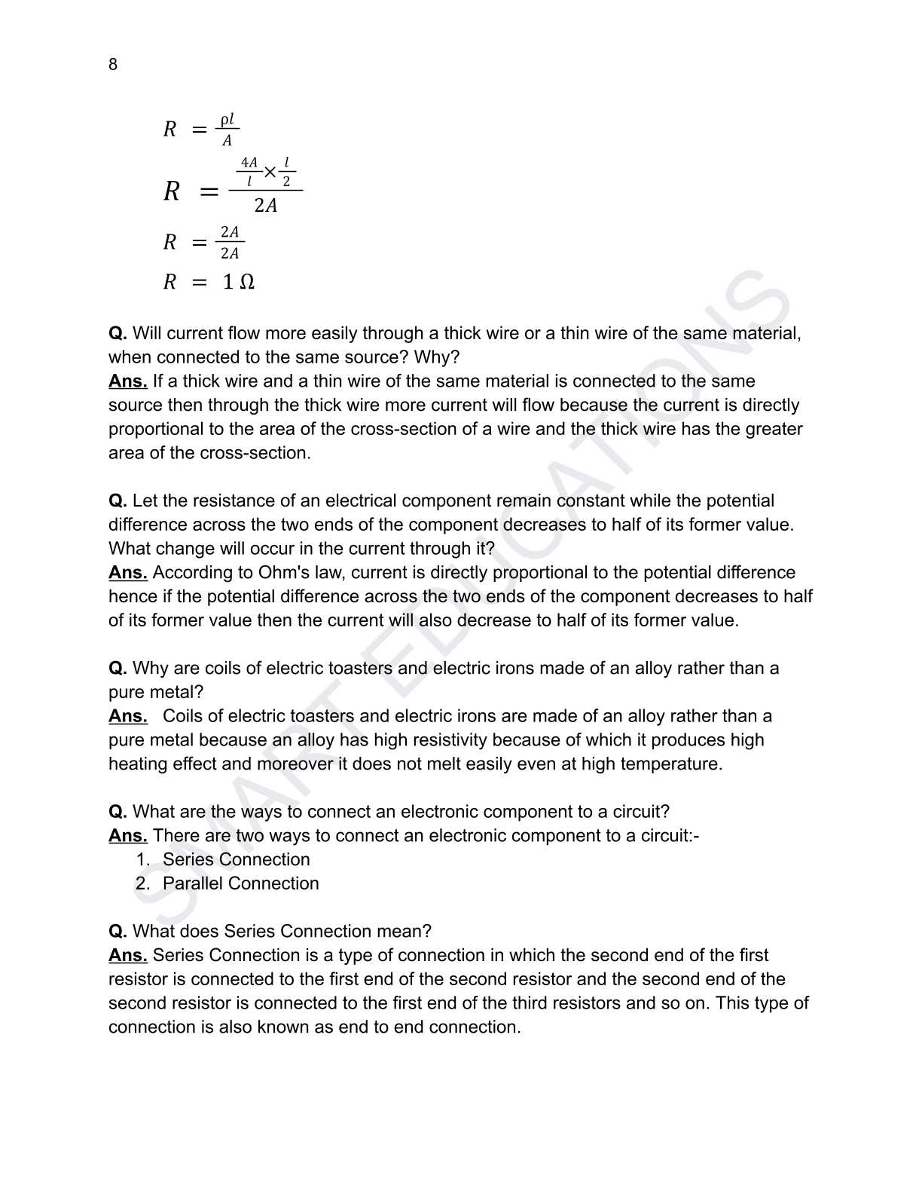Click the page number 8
113,65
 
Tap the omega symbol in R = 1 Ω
246,282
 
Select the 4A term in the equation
249,163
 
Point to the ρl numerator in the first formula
227,120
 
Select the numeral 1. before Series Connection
143,859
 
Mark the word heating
138,764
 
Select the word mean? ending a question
408,932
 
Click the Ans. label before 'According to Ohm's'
127,573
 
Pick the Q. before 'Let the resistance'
118,501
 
